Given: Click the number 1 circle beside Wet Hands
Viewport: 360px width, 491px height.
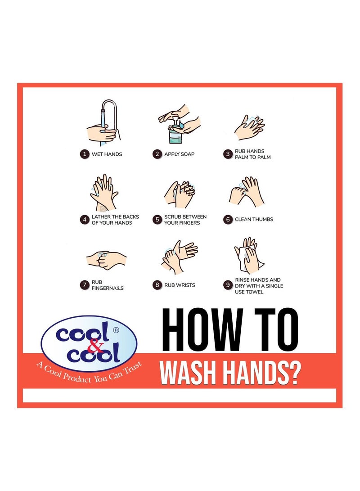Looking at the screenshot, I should (x=84, y=154).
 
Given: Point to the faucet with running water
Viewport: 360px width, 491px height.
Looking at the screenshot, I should (x=106, y=113).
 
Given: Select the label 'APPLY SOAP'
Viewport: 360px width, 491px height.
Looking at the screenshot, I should (x=179, y=154).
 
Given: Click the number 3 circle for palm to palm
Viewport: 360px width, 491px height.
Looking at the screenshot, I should (x=228, y=154).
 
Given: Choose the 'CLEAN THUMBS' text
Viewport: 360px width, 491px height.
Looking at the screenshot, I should (x=254, y=220).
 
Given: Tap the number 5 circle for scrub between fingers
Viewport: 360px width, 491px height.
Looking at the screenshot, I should (x=157, y=220).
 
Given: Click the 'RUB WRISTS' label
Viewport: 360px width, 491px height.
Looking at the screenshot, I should (x=180, y=285).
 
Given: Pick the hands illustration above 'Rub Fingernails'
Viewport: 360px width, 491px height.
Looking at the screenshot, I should (x=106, y=260).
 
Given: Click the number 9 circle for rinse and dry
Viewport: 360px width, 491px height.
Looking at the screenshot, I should (x=228, y=285).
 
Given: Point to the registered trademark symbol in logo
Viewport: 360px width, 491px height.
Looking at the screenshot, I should (x=116, y=329).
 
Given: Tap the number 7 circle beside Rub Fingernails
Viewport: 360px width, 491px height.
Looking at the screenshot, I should (x=84, y=285).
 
